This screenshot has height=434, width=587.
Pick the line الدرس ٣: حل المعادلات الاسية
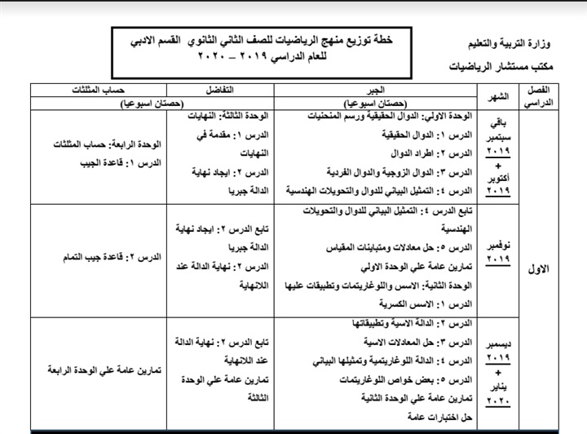[418, 341]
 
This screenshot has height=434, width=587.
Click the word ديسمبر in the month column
[505, 346]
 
